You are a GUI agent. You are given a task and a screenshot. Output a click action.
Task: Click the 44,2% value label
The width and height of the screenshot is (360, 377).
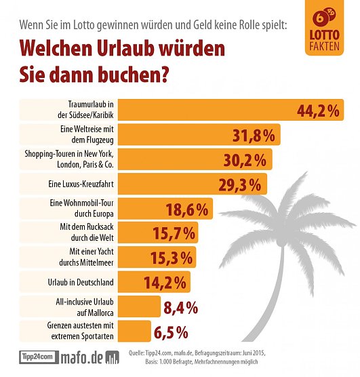coord(317,111)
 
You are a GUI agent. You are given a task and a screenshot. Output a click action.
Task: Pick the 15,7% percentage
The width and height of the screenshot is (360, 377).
coord(172,233)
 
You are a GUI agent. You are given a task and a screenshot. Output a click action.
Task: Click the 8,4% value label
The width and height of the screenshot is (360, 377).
coord(181,306)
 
